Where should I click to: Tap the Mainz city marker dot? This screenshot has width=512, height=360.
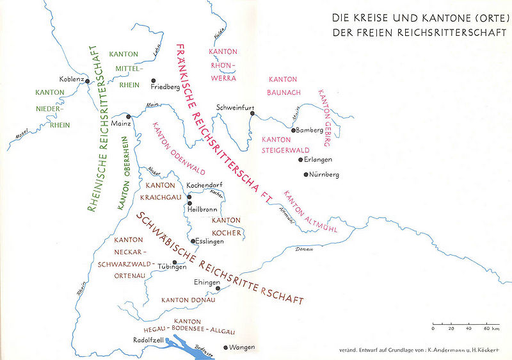[x=129, y=117]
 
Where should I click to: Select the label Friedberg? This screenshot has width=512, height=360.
[x=165, y=86]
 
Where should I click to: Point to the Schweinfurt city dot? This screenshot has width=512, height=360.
[x=253, y=113]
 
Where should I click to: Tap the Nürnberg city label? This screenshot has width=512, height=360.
[x=324, y=174]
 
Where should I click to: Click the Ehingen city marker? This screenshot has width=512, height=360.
[x=218, y=289]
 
